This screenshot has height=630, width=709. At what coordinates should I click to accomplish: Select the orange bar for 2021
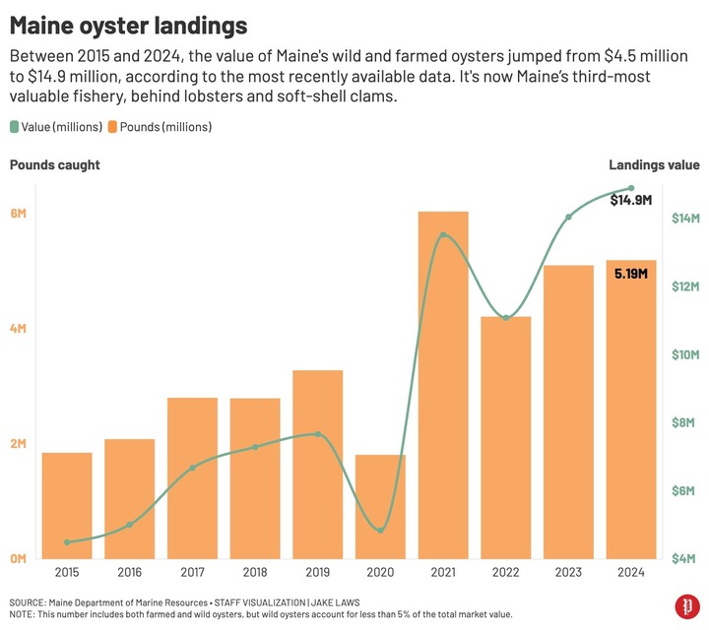click(x=443, y=384)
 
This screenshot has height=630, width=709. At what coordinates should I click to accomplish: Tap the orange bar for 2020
click(x=380, y=506)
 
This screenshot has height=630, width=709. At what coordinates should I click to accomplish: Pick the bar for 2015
click(x=67, y=505)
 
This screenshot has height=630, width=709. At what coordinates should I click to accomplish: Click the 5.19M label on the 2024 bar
click(x=631, y=273)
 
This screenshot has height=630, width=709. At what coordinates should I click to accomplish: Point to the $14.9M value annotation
click(x=630, y=200)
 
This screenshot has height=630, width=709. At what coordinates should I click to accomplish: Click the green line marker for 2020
click(x=380, y=531)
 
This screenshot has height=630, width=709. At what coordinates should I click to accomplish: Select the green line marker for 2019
click(x=317, y=434)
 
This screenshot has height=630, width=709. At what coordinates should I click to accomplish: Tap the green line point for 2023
click(x=568, y=217)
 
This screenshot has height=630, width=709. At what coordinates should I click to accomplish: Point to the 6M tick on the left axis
click(x=19, y=214)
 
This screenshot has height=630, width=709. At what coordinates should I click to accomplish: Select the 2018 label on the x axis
click(x=255, y=572)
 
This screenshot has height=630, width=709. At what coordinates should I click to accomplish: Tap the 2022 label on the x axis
click(x=506, y=572)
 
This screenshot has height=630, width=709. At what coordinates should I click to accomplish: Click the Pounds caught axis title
click(x=55, y=165)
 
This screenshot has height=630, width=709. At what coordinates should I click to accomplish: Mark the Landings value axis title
click(x=654, y=165)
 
